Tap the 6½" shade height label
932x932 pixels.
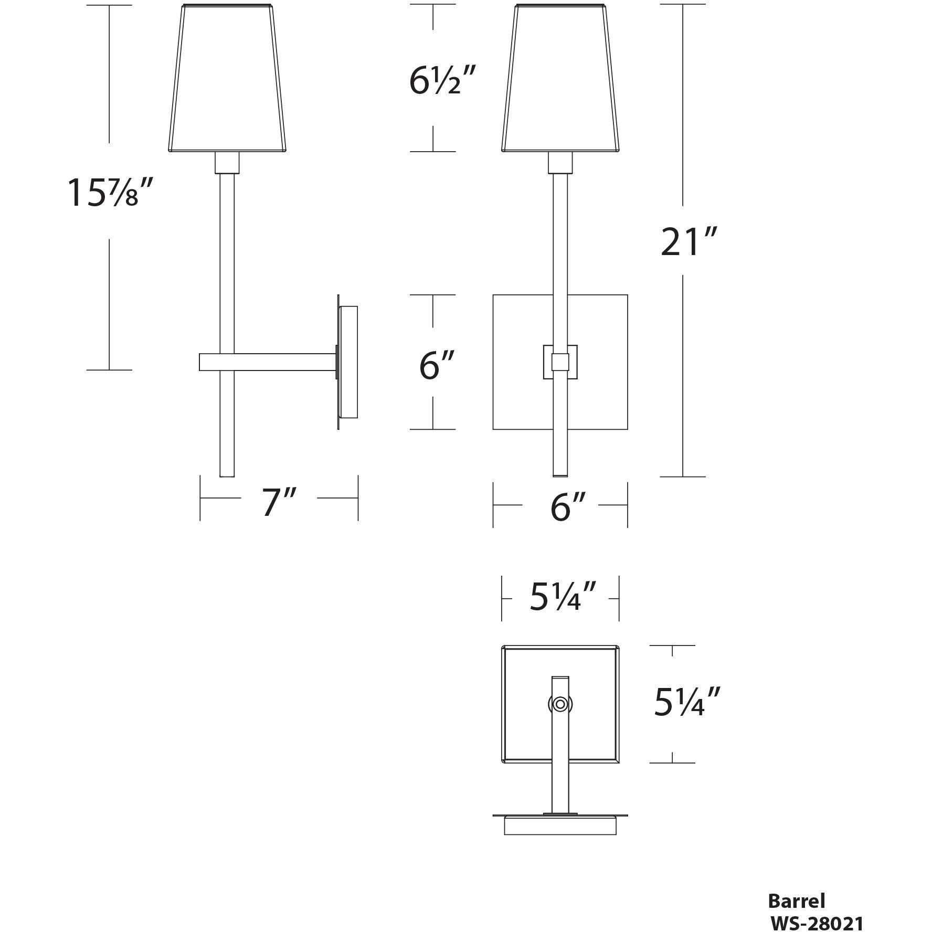442,81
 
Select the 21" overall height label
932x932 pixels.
688,242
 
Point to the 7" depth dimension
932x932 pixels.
279,502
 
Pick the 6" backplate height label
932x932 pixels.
436,365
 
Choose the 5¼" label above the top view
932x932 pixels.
562,598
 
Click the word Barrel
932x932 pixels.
796,901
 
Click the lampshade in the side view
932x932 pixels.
227,79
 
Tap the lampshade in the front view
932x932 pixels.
560,79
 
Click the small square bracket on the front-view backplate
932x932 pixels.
560,362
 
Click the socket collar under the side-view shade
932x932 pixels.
227,163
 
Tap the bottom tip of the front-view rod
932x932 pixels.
560,474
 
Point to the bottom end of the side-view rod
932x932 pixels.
227,474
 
